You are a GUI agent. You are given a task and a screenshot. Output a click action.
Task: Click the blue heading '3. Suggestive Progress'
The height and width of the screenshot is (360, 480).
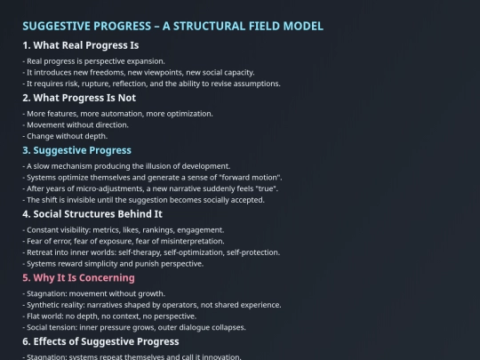pyautogui.click(x=76, y=150)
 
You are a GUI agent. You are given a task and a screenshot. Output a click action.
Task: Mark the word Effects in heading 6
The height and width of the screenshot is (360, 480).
pyautogui.click(x=50, y=341)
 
